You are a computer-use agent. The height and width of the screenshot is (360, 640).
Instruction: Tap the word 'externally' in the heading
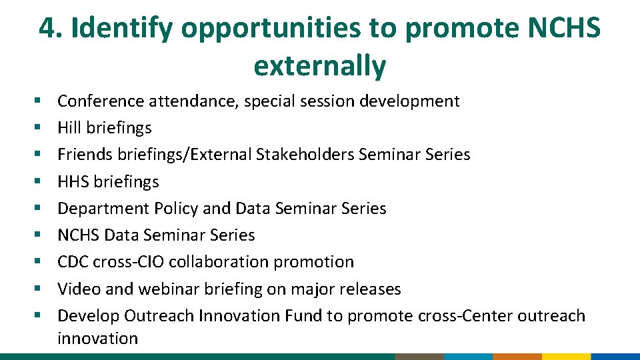pyautogui.click(x=319, y=65)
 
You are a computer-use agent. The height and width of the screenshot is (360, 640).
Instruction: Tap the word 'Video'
pyautogui.click(x=76, y=289)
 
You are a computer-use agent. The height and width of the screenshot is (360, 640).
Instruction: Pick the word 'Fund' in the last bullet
pyautogui.click(x=303, y=315)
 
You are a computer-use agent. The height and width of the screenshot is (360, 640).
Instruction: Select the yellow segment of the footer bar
pyautogui.click(x=565, y=357)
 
